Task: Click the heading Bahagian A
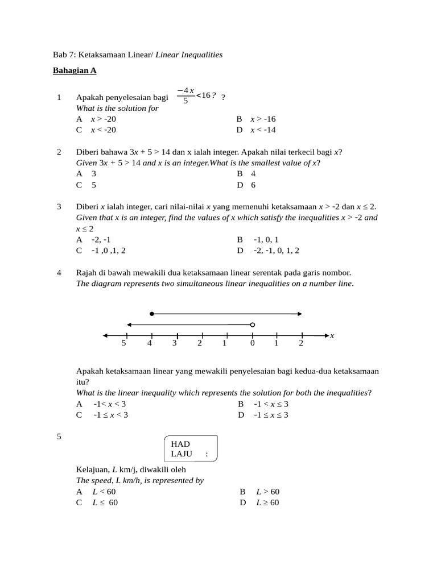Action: [x=75, y=70]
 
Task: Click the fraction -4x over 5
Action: [x=185, y=95]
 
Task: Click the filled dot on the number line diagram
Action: [x=151, y=314]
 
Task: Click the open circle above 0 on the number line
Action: [x=253, y=325]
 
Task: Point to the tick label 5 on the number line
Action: [x=123, y=343]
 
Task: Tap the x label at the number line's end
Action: [x=332, y=336]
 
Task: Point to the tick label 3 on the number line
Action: [x=175, y=343]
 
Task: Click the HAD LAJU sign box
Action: [x=190, y=449]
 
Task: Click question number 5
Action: [x=59, y=436]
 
